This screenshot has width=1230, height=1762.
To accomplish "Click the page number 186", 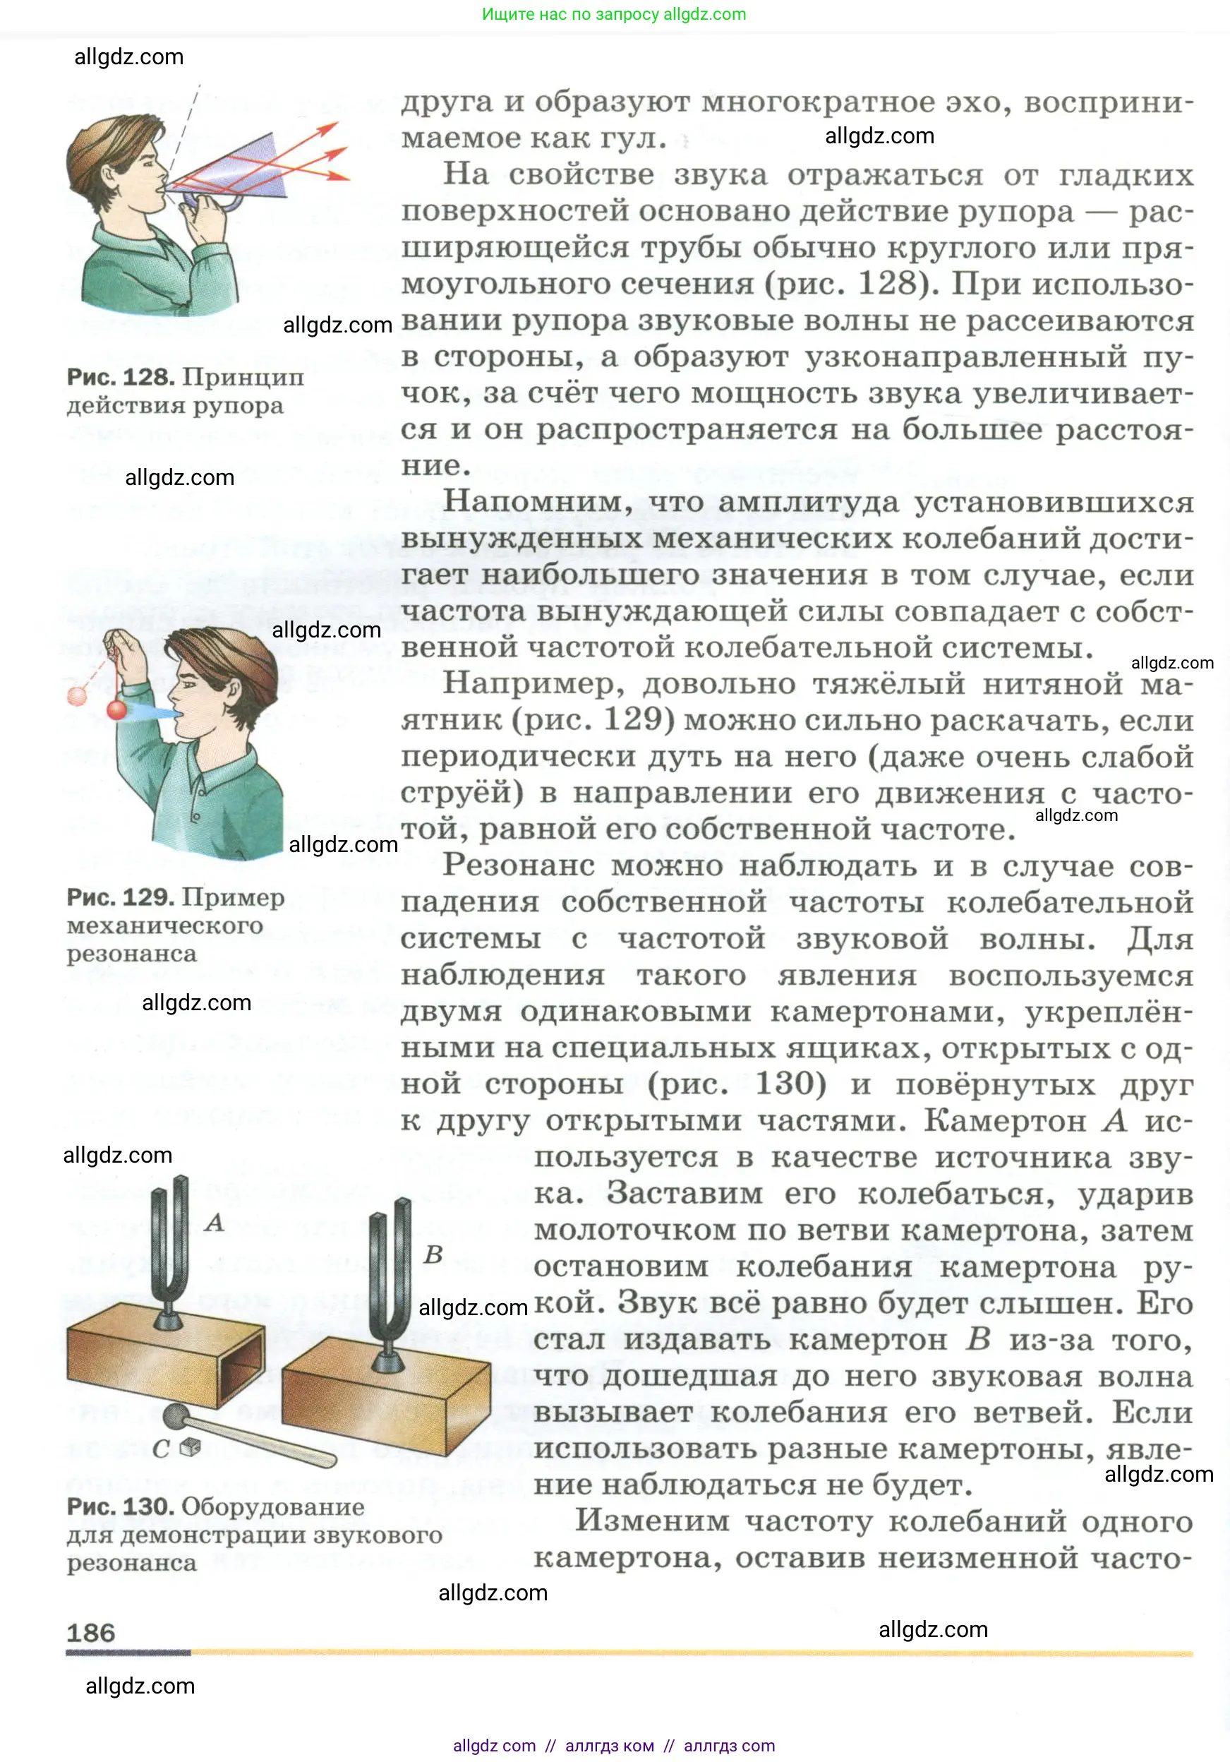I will pyautogui.click(x=90, y=1632).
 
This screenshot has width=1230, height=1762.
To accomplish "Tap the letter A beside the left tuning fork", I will pyautogui.click(x=215, y=1222).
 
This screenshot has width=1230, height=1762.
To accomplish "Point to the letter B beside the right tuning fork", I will pyautogui.click(x=433, y=1254).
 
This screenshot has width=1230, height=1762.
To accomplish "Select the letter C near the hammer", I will pyautogui.click(x=160, y=1449).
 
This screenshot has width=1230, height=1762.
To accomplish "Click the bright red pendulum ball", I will pyautogui.click(x=116, y=709).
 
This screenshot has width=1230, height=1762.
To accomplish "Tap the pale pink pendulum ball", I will pyautogui.click(x=78, y=695).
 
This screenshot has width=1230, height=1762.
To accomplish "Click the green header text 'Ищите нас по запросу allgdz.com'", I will pyautogui.click(x=614, y=14).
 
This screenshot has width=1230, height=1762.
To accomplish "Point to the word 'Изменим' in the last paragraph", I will pyautogui.click(x=651, y=1521).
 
